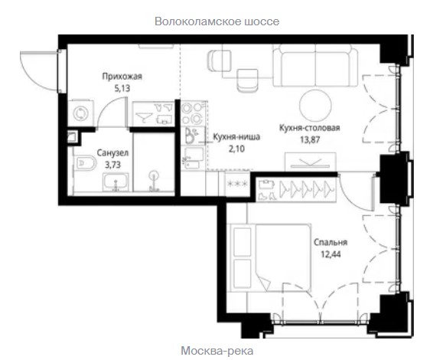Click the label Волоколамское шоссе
(x=217, y=21)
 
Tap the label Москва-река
(x=217, y=351)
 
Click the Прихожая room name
(x=122, y=76)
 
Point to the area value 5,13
(x=122, y=88)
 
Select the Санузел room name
(x=112, y=153)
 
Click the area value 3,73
(x=112, y=165)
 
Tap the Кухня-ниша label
(x=236, y=137)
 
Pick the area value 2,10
(x=236, y=149)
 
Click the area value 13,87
(x=310, y=139)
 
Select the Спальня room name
(x=331, y=242)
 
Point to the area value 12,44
(x=331, y=254)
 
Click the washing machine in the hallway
(x=80, y=113)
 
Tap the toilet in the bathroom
(x=85, y=164)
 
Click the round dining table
(x=315, y=106)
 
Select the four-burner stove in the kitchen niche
(x=193, y=113)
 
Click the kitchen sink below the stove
(x=193, y=136)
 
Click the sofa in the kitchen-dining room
(x=315, y=65)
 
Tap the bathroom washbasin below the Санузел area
(x=116, y=182)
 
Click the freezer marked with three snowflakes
(x=237, y=184)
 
